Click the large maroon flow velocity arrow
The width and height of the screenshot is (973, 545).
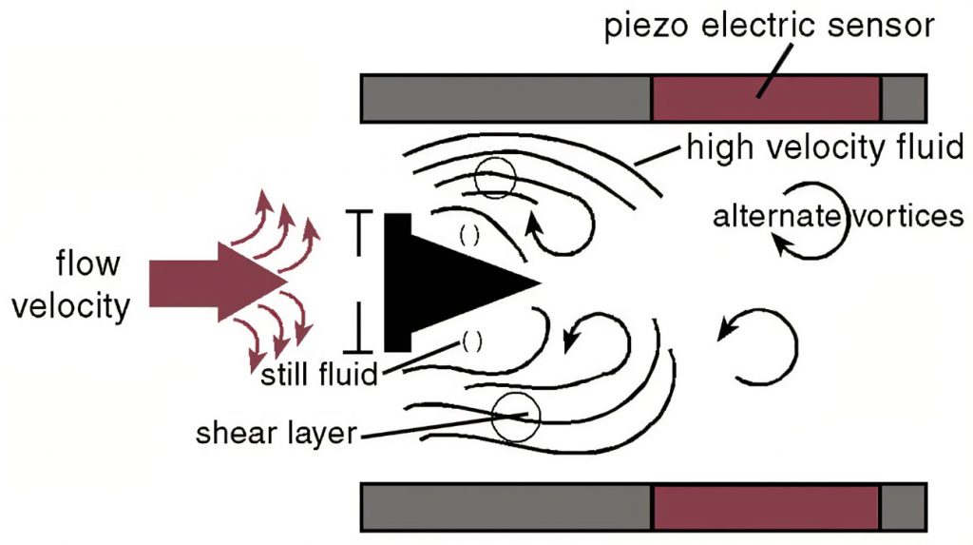coord(218,282)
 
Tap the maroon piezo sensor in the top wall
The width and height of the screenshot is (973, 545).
coord(766,98)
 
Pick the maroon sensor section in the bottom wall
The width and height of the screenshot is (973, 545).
coord(766,507)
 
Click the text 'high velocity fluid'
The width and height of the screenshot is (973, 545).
coord(825,148)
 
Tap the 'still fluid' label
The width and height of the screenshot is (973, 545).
coord(319,374)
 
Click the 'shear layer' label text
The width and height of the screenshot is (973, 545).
coord(277,433)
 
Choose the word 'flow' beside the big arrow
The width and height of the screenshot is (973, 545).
coord(87,263)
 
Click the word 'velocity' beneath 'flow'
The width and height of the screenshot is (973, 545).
coord(71,305)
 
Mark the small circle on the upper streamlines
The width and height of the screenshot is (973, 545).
coord(495,178)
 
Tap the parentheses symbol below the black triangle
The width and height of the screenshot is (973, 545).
coord(471,341)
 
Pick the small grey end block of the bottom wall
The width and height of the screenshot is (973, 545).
coord(903,507)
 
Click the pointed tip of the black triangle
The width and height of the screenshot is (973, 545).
coord(540,282)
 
